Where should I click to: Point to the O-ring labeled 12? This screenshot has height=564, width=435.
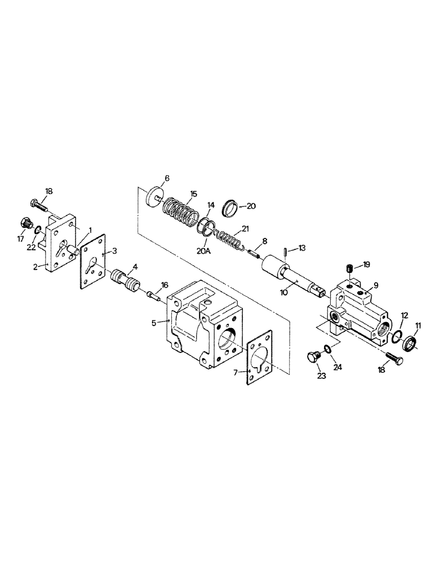pyautogui.click(x=396, y=336)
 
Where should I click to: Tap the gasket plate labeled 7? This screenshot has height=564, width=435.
pyautogui.click(x=260, y=358)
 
